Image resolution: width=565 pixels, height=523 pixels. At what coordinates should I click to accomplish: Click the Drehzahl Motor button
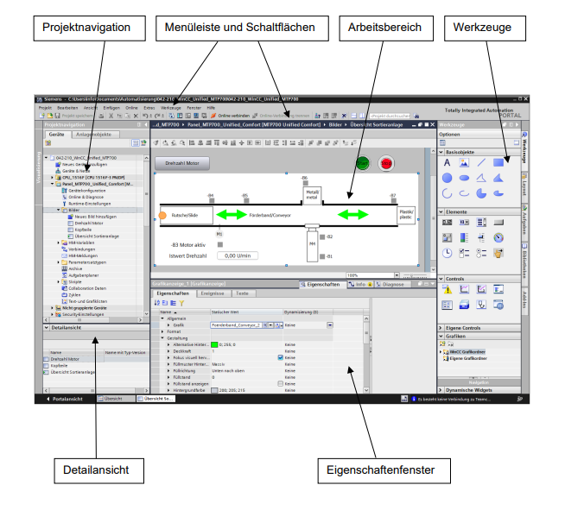point(181,162)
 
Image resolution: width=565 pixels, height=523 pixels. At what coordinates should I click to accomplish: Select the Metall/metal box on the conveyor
point(313,196)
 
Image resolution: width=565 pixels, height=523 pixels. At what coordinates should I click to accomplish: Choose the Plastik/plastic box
point(406,214)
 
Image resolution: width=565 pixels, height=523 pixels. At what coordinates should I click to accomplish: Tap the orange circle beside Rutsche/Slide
point(162,214)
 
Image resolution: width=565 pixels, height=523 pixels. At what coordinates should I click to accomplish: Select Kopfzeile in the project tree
point(75,230)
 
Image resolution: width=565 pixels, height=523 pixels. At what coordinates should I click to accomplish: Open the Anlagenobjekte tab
point(93,135)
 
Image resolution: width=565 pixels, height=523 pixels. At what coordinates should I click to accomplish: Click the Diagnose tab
point(393,283)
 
